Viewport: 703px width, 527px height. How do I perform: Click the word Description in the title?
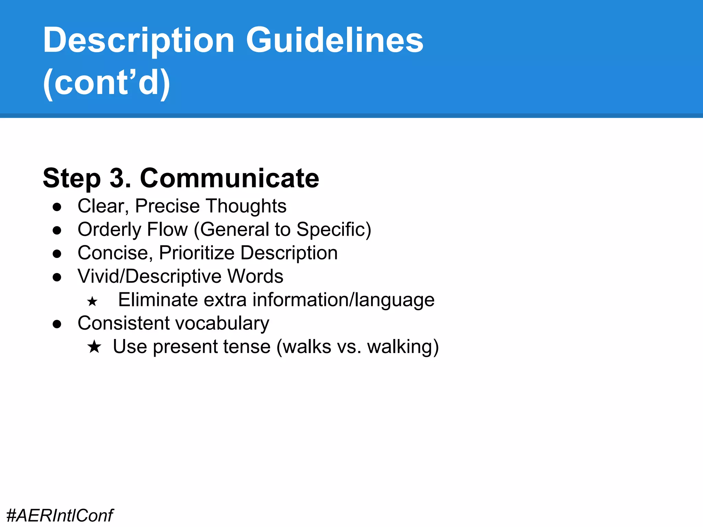[x=138, y=40]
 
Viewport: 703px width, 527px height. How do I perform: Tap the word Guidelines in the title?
[x=334, y=40]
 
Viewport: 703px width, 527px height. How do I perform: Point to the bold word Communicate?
[x=229, y=178]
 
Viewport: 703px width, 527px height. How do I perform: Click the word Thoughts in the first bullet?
[x=246, y=206]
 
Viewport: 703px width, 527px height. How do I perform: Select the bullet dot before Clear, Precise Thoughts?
[x=57, y=207]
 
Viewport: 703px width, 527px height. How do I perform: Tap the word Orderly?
[x=109, y=229]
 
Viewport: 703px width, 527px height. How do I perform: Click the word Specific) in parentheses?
[x=333, y=229]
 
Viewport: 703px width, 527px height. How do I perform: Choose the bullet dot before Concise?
[x=57, y=254]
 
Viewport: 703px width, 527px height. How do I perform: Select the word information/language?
[x=343, y=300]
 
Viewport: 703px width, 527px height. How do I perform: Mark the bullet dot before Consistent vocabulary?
[x=57, y=324]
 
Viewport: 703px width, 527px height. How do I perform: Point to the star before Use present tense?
[x=94, y=347]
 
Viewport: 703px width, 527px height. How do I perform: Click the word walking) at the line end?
[x=403, y=347]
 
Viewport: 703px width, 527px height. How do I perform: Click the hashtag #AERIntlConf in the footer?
[x=60, y=515]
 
